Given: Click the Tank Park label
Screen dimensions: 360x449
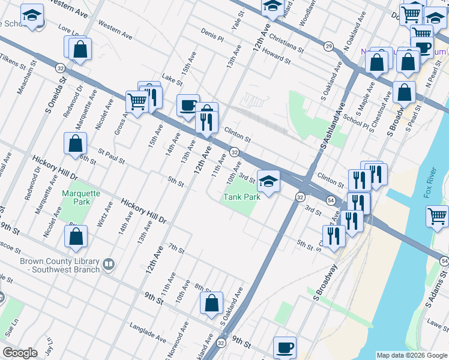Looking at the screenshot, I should coord(242,196).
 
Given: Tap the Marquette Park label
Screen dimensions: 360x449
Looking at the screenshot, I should coord(76,198).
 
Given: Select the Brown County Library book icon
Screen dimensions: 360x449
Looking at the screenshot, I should coord(109,263).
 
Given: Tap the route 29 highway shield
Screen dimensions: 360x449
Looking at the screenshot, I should coord(328,46).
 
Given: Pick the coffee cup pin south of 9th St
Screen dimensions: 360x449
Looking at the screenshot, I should coord(285,347).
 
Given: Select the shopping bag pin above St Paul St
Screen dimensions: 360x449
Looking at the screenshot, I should coord(76,144).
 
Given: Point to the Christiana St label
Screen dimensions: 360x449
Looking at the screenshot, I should coord(287,46).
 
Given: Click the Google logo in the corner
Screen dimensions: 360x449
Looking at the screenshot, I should coord(19,353).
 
